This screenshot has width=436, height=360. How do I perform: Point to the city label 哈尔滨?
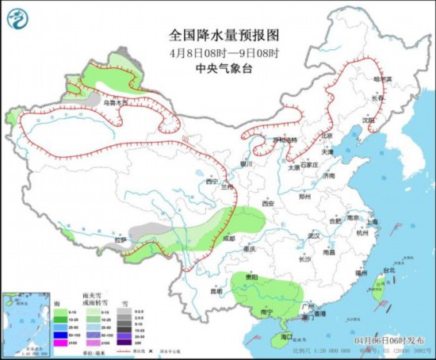pos(382,79)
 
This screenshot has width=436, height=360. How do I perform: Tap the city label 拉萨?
pos(120,239)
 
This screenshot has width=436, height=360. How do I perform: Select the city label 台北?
pos(388,270)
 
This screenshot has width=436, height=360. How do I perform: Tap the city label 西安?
pos(266,203)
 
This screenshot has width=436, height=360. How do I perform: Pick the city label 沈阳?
pos(368,120)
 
